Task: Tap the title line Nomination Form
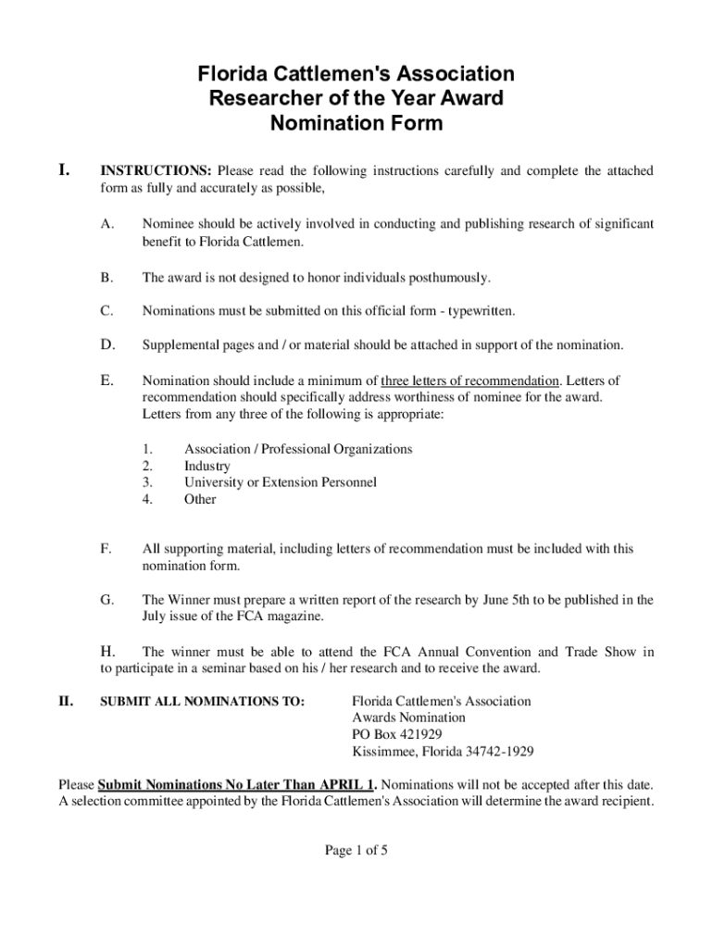pyautogui.click(x=356, y=123)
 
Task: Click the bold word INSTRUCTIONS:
pyautogui.click(x=156, y=171)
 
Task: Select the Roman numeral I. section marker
pyautogui.click(x=64, y=170)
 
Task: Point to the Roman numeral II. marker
pyautogui.click(x=66, y=702)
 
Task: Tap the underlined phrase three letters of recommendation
pyautogui.click(x=470, y=380)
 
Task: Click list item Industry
pyautogui.click(x=207, y=466)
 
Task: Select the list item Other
pyautogui.click(x=200, y=499)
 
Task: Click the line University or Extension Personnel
pyautogui.click(x=280, y=482)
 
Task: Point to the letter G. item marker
pyautogui.click(x=107, y=600)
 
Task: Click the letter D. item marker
pyautogui.click(x=107, y=345)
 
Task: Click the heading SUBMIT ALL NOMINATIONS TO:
pyautogui.click(x=202, y=702)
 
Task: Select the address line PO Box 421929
pyautogui.click(x=396, y=734)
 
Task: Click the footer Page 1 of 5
pyautogui.click(x=356, y=853)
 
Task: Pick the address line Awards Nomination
pyautogui.click(x=408, y=717)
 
